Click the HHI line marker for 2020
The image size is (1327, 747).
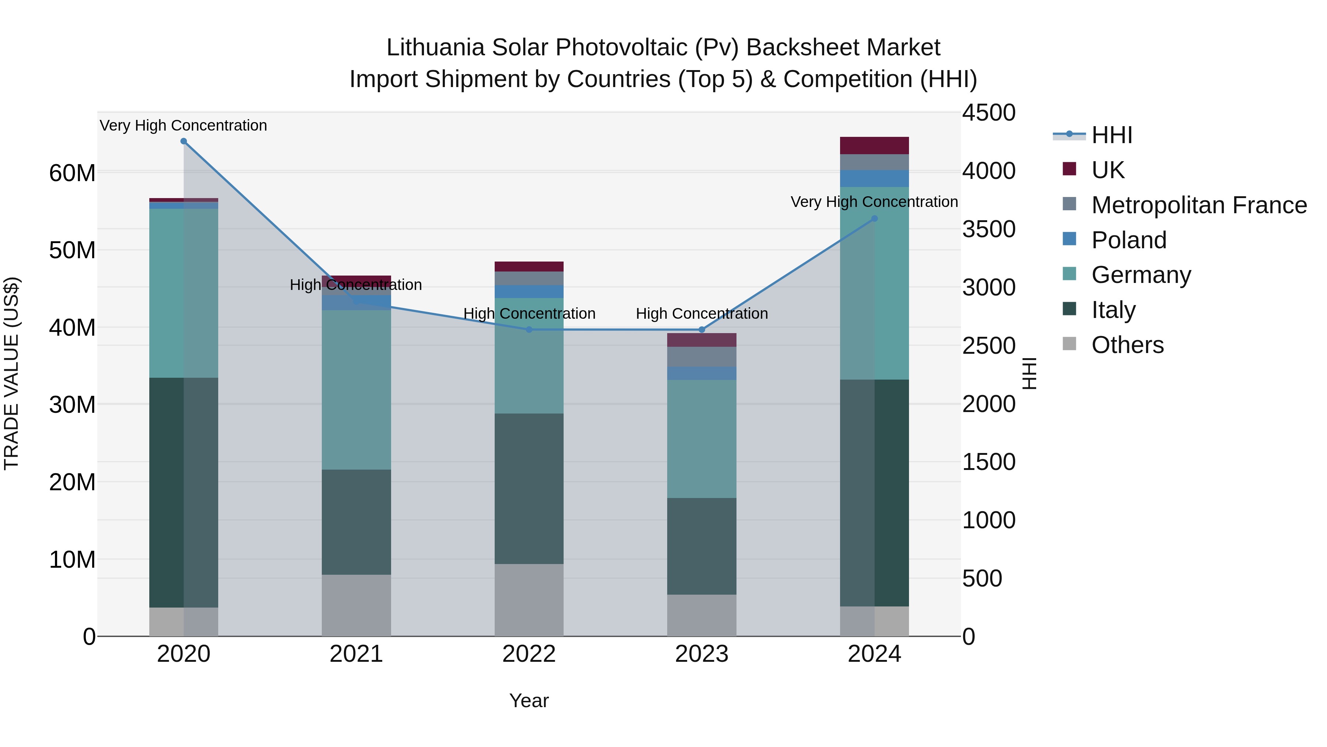coord(184,141)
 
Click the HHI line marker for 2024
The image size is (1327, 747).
coord(874,219)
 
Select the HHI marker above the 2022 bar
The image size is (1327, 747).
coord(529,329)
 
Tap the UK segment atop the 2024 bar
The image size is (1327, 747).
coord(874,145)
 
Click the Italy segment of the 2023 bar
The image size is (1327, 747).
coord(701,546)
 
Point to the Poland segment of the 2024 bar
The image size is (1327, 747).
coord(874,179)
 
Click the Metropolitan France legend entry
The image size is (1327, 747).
coord(1199,205)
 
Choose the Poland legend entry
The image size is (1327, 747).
coord(1128,240)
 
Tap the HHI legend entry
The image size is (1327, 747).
coord(1111,135)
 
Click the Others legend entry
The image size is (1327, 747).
coord(1127,345)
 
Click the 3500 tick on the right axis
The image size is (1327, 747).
coord(989,229)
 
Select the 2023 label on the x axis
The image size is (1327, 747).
coord(701,654)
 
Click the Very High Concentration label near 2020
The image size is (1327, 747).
coord(184,125)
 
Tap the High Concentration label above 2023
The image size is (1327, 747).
coord(701,314)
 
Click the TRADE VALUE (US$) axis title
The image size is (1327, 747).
coord(11,373)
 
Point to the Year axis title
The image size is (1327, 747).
coord(529,701)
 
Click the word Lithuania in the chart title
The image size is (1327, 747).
coord(435,48)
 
